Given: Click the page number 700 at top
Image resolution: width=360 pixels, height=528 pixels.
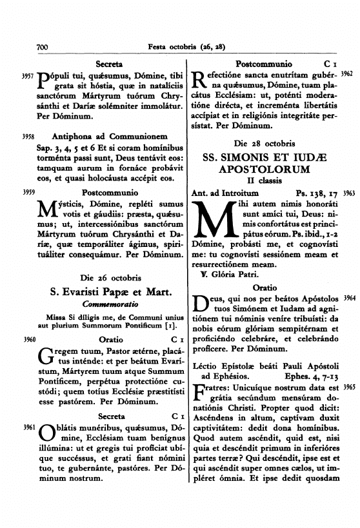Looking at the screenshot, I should [x=43, y=46].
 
